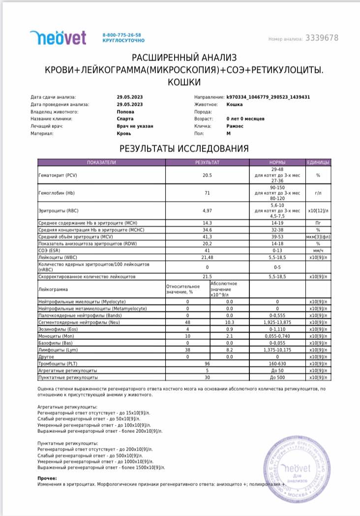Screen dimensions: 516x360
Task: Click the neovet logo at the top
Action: pyautogui.click(x=58, y=37)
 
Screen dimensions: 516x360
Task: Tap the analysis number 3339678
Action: pyautogui.click(x=322, y=38)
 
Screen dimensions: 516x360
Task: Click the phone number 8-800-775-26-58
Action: pyautogui.click(x=121, y=35)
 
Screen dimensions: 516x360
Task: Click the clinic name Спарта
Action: pyautogui.click(x=125, y=119)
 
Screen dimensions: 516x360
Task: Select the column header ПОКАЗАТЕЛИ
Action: pyautogui.click(x=101, y=162)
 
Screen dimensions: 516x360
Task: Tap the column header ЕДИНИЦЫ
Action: pyautogui.click(x=318, y=162)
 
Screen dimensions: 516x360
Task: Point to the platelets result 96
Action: pyautogui.click(x=207, y=363)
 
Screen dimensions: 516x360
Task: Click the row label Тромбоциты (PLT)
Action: pyautogui.click(x=58, y=363)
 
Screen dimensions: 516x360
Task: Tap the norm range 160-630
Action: pyautogui.click(x=277, y=363)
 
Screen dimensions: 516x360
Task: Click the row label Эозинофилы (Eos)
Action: pyautogui.click(x=56, y=329)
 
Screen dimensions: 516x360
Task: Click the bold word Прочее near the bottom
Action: pyautogui.click(x=47, y=478)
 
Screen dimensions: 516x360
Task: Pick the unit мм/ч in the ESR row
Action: pyautogui.click(x=318, y=250)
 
